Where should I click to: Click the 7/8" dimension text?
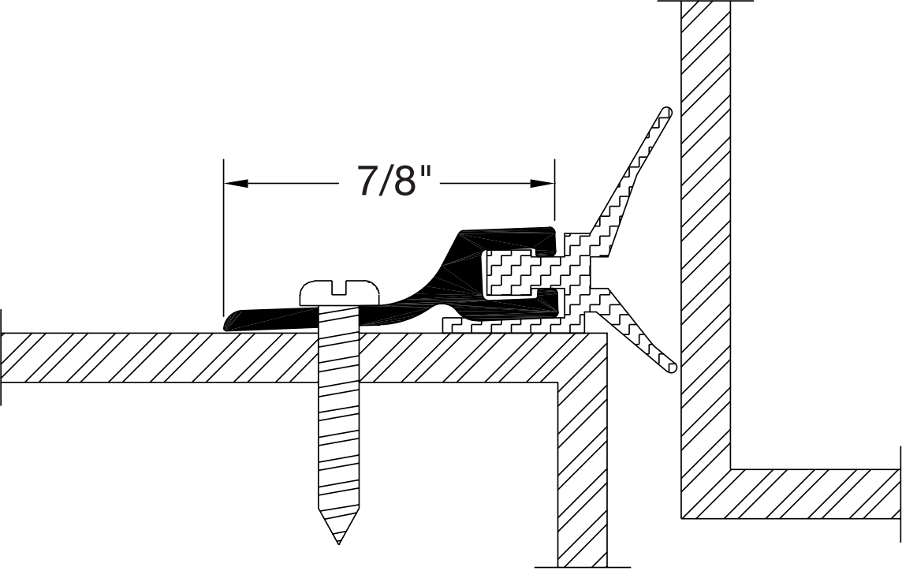386,182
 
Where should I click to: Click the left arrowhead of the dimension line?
236,184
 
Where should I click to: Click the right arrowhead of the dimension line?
542,184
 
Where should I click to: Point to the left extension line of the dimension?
224,237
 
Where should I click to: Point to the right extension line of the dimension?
555,189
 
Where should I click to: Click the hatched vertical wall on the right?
705,237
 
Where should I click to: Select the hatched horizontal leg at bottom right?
812,494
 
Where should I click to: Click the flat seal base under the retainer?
505,325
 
